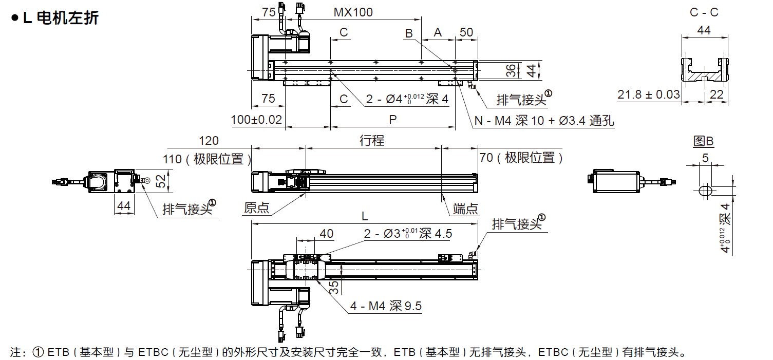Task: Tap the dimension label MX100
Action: click(x=353, y=12)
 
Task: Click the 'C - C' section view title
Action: click(x=704, y=13)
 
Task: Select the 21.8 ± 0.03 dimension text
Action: click(x=648, y=94)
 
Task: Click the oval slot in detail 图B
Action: click(x=706, y=191)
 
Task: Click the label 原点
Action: click(x=257, y=207)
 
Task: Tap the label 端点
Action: click(x=465, y=209)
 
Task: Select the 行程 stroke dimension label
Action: click(x=372, y=140)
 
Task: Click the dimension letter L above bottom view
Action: click(x=365, y=218)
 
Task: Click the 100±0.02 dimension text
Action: click(x=257, y=120)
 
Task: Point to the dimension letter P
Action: click(x=392, y=120)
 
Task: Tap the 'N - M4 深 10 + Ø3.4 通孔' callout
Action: click(x=544, y=121)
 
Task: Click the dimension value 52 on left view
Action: click(x=161, y=180)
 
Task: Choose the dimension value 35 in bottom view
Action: click(x=334, y=287)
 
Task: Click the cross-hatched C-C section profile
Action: click(x=705, y=77)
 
